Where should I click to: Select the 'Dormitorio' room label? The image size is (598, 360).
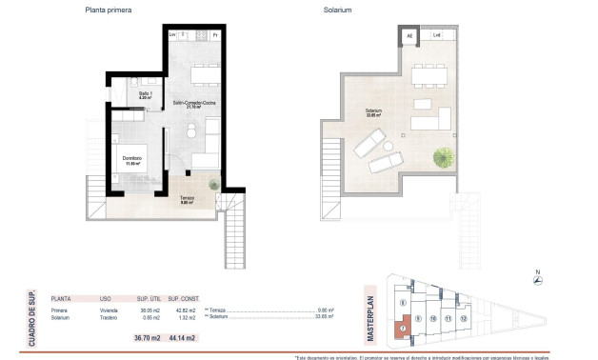[132, 159]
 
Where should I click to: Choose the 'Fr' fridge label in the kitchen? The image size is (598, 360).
[215, 35]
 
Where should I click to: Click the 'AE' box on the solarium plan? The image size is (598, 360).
[409, 36]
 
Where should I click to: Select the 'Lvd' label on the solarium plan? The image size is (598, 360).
[436, 36]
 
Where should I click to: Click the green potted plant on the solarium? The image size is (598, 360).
[443, 156]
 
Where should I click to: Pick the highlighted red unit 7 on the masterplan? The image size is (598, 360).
[403, 330]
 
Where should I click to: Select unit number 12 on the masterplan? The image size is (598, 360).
[464, 318]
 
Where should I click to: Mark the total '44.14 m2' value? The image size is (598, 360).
[182, 338]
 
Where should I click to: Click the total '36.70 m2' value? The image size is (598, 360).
[146, 338]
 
